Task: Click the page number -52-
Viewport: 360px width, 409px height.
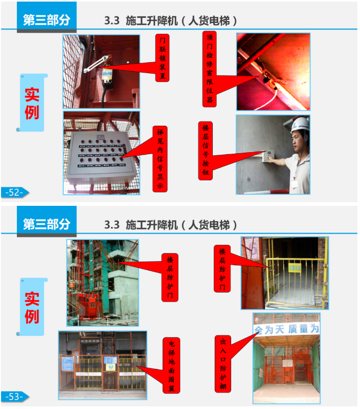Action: click(x=14, y=193)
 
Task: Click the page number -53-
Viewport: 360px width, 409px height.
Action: click(x=14, y=396)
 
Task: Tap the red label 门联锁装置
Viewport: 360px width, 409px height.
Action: click(x=163, y=58)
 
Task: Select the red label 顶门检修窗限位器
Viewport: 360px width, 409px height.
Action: click(x=210, y=68)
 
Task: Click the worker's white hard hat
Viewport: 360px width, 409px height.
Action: click(x=301, y=125)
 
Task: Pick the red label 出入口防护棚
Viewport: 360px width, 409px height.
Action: click(x=223, y=363)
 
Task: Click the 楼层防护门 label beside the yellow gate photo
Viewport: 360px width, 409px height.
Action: click(x=222, y=268)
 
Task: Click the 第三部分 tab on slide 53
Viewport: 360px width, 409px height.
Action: click(x=46, y=223)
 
